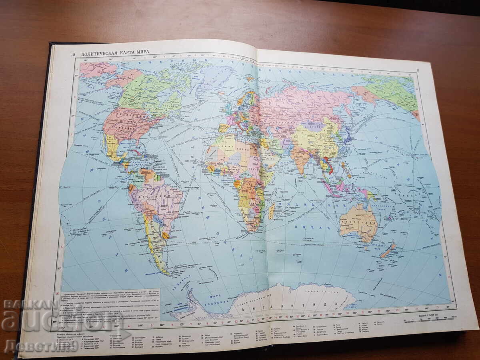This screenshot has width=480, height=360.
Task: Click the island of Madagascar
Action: (x=272, y=210)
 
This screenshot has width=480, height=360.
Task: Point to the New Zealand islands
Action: (x=388, y=250)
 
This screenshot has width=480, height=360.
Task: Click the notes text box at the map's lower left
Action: (x=110, y=306)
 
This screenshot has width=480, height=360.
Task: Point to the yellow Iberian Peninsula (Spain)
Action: (x=223, y=128)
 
